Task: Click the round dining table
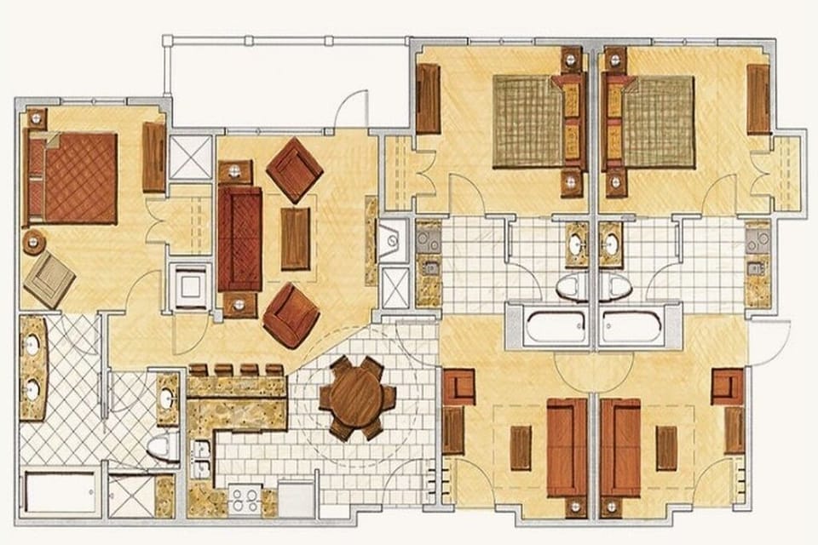357,397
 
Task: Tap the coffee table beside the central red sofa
295,238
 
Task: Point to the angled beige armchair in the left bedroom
49,278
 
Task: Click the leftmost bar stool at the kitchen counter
199,370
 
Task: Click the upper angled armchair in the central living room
294,169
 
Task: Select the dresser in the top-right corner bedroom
758,99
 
